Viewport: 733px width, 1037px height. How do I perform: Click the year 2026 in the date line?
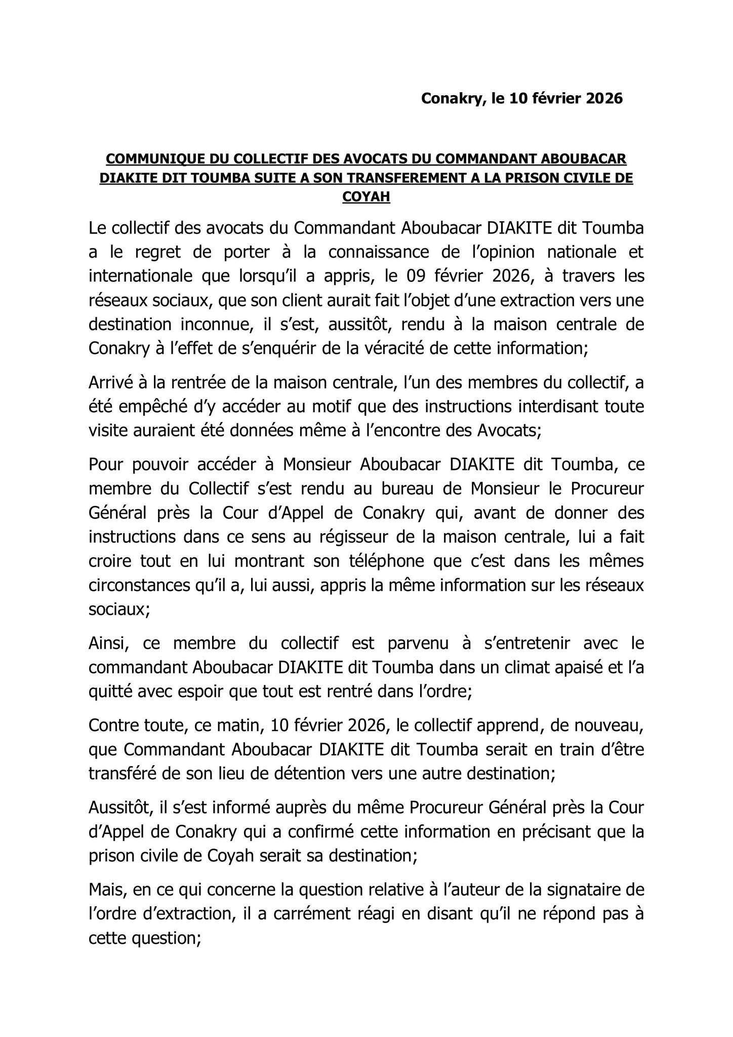[604, 98]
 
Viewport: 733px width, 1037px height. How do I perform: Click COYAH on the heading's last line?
[366, 197]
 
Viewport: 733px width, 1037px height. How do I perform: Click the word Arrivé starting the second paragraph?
[110, 383]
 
